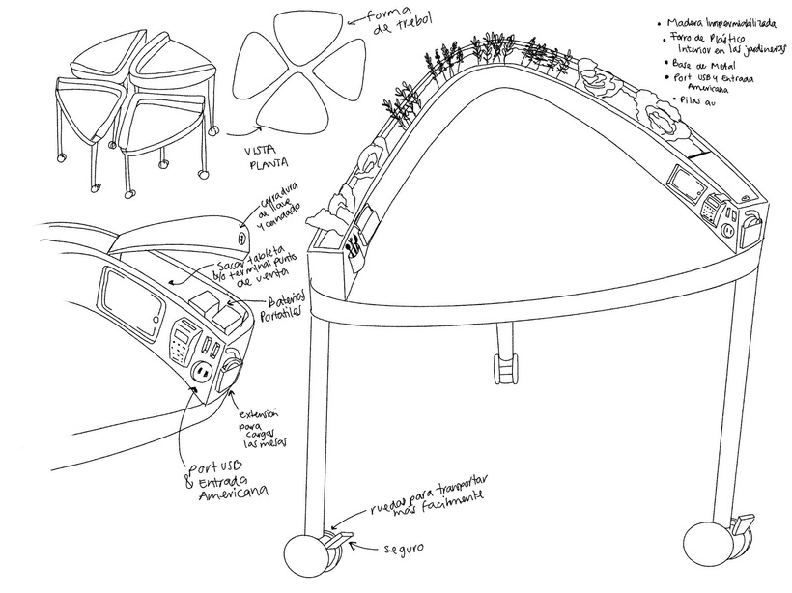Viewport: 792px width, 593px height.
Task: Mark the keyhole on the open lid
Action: (x=240, y=235)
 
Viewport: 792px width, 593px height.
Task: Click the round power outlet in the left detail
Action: (x=203, y=370)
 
